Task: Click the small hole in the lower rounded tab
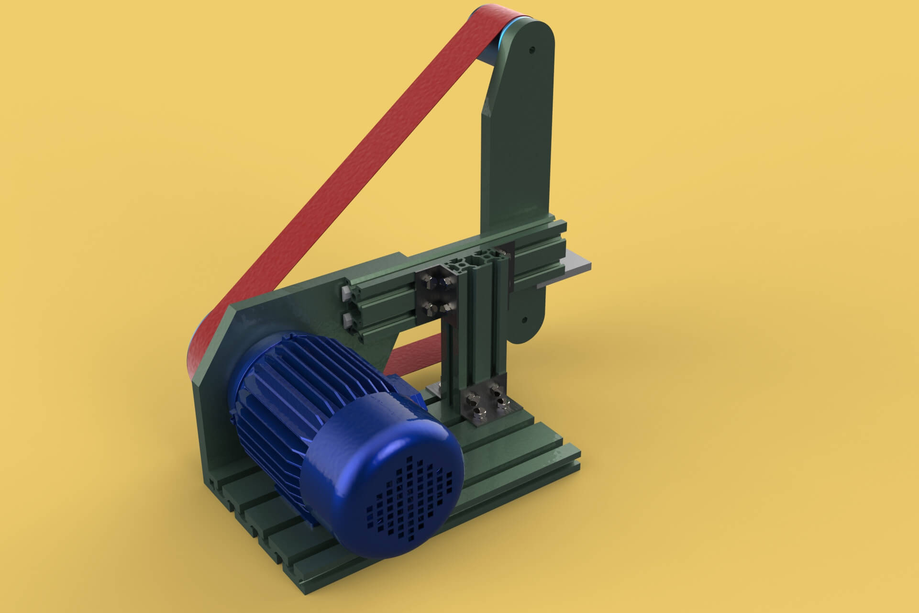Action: tap(525, 318)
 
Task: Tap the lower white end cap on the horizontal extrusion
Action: tap(348, 319)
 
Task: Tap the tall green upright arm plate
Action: tap(521, 144)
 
